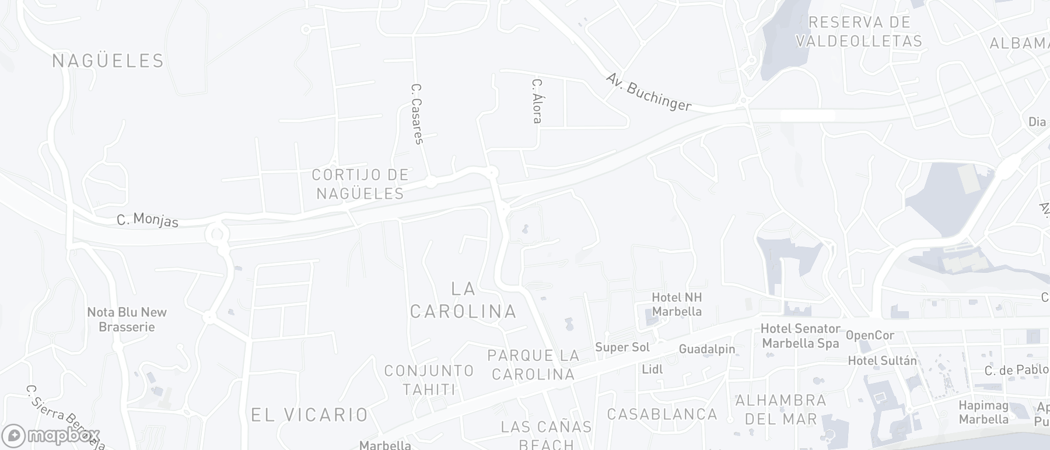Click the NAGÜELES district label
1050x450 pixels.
[x=108, y=61]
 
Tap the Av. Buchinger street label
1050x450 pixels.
[x=648, y=92]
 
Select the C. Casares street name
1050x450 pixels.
[x=416, y=114]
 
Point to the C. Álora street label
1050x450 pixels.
[x=537, y=101]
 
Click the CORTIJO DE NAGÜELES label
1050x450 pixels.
[x=360, y=184]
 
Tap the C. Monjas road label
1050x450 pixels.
[x=148, y=220]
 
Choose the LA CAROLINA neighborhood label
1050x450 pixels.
[x=464, y=300]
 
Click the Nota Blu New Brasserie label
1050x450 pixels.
[x=127, y=319]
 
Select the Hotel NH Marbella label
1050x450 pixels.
[x=677, y=304]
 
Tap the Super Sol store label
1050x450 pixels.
[x=622, y=347]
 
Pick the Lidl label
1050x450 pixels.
[x=652, y=369]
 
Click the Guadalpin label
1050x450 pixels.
[x=707, y=349]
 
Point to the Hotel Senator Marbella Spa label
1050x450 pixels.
[x=800, y=336]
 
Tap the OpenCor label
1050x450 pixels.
[x=870, y=335]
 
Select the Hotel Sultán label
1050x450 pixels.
[x=882, y=361]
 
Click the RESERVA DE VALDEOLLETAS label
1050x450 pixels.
[x=859, y=31]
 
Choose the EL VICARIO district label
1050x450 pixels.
[x=310, y=414]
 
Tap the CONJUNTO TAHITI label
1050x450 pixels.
[x=429, y=379]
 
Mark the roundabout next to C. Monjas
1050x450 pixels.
[x=215, y=234]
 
